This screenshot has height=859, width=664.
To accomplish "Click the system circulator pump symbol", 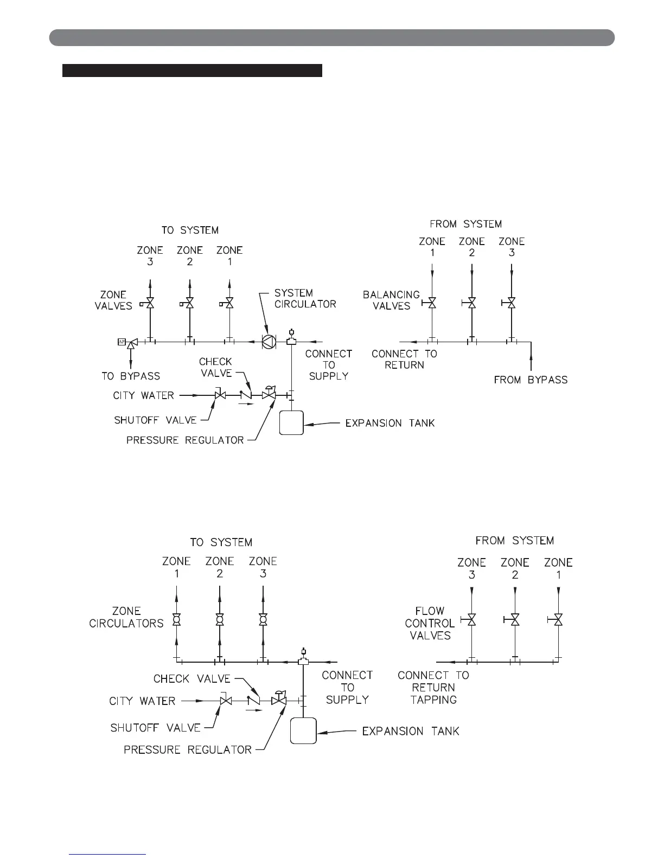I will click(269, 342).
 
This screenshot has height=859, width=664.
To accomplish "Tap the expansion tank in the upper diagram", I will click(291, 423).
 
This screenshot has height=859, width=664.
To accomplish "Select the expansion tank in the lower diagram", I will click(303, 730).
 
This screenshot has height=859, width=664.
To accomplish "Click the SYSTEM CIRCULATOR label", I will click(305, 298).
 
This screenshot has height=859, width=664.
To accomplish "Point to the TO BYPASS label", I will click(131, 376).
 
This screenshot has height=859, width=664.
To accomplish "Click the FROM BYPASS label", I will click(531, 380).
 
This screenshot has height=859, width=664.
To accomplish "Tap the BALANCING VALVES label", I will click(391, 300).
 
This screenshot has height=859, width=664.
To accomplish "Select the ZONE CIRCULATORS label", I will click(126, 617).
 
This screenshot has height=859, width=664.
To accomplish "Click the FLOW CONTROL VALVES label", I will click(430, 623).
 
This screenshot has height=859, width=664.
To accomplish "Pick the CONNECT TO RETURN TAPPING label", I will click(433, 687).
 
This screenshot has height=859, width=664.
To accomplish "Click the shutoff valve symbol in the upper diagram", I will click(221, 395).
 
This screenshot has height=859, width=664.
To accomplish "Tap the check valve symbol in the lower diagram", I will click(253, 701).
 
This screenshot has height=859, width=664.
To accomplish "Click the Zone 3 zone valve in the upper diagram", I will click(150, 304).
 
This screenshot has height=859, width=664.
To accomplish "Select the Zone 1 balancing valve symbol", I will click(432, 303).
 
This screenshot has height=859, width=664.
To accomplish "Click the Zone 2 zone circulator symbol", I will click(220, 619).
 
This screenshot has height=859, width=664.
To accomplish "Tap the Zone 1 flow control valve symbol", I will click(558, 619).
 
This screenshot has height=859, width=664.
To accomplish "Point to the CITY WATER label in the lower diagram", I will click(142, 701).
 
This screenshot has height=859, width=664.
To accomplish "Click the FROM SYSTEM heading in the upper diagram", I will click(465, 224).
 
